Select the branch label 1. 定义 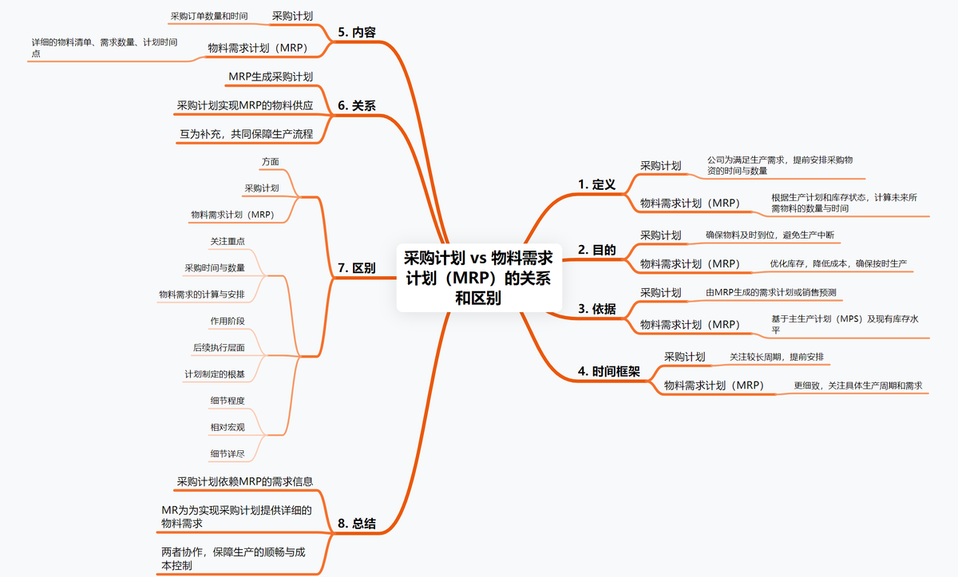pyautogui.click(x=596, y=184)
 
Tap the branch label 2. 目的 pyautogui.click(x=596, y=250)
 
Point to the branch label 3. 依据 pyautogui.click(x=596, y=309)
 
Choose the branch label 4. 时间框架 pyautogui.click(x=608, y=371)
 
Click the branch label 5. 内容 pyautogui.click(x=356, y=33)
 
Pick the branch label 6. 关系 pyautogui.click(x=356, y=105)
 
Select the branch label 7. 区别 pyautogui.click(x=356, y=268)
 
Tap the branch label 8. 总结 pyautogui.click(x=356, y=524)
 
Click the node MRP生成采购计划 pyautogui.click(x=271, y=77)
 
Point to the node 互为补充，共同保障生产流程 pyautogui.click(x=246, y=134)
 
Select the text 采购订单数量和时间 pyautogui.click(x=208, y=15)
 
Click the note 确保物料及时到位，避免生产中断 pyautogui.click(x=770, y=235)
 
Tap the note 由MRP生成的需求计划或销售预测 pyautogui.click(x=771, y=293)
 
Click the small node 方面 pyautogui.click(x=270, y=162)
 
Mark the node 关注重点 pyautogui.click(x=228, y=241)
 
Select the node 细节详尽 pyautogui.click(x=228, y=454)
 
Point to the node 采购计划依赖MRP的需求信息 pyautogui.click(x=244, y=481)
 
